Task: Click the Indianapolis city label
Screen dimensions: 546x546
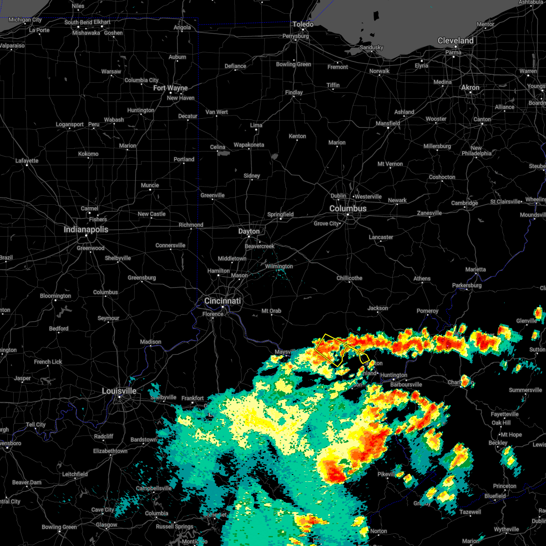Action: (86, 229)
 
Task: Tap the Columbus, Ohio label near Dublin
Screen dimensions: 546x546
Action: (348, 208)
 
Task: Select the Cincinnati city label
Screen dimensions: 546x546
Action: (222, 301)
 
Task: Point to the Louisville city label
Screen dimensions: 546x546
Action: (119, 391)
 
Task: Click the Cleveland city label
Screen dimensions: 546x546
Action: (455, 40)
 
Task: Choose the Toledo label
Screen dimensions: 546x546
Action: (303, 24)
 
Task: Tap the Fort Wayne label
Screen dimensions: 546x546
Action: (171, 88)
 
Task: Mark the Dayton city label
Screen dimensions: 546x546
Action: (249, 231)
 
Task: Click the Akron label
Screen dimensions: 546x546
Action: (470, 87)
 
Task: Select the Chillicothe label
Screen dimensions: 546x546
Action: (349, 278)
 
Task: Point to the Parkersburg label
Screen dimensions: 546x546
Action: (467, 285)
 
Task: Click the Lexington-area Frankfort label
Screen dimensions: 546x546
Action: (192, 398)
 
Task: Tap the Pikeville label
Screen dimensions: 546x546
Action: (387, 474)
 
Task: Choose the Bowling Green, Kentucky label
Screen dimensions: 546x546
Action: (59, 527)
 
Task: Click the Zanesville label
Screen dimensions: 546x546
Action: (429, 213)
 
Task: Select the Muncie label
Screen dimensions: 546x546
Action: (150, 185)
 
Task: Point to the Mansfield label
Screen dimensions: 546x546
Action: (388, 123)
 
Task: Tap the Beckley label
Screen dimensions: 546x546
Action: (498, 443)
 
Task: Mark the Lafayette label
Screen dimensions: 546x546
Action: (27, 161)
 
